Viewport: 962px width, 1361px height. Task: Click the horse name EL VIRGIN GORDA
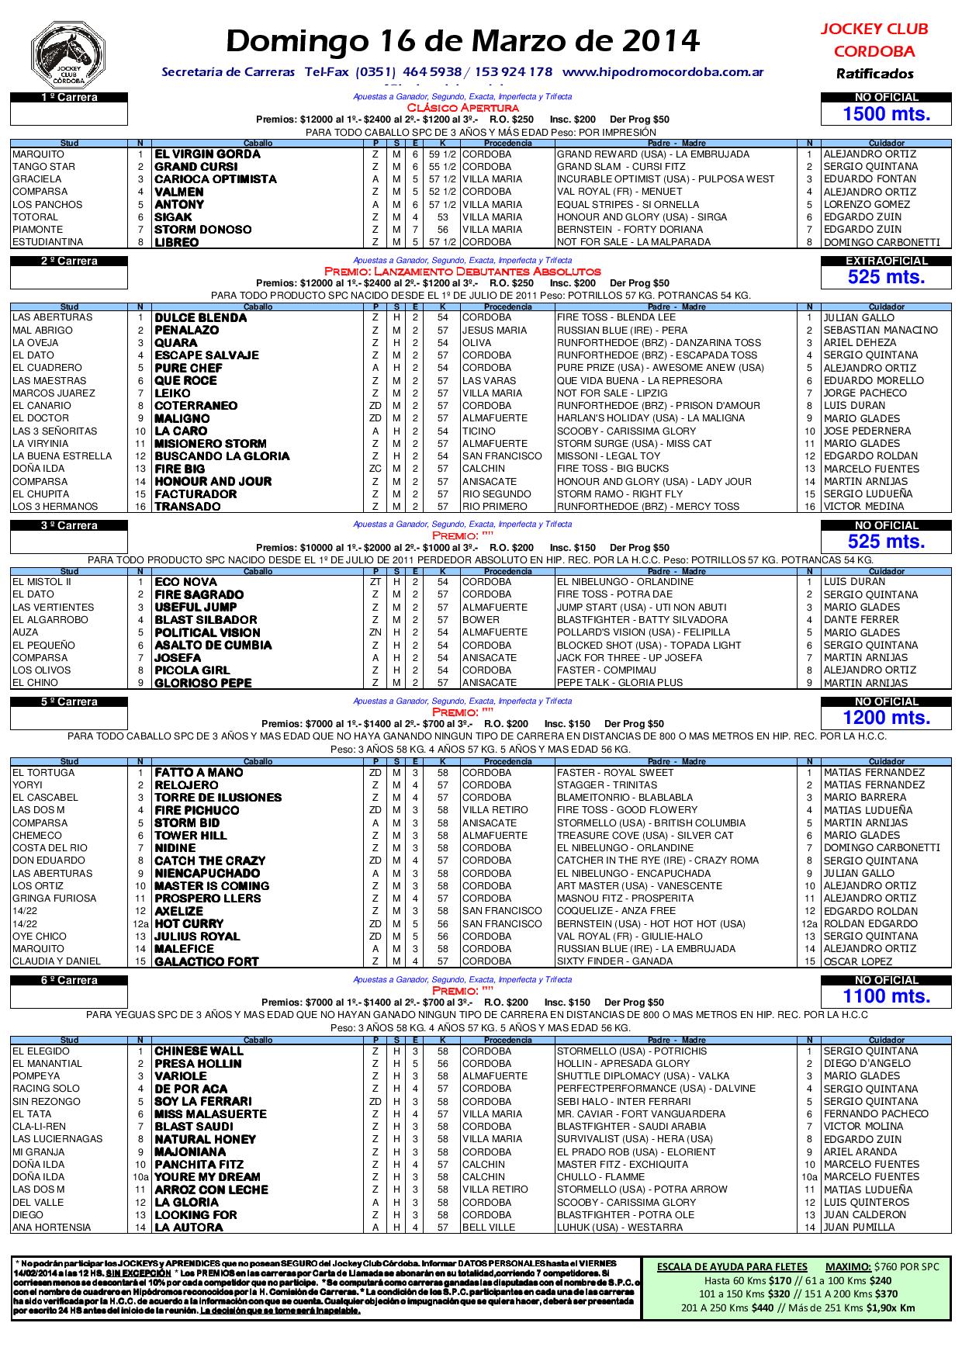pos(207,154)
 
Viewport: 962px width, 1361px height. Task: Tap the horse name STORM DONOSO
pos(202,230)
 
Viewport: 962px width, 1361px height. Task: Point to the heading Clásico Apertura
pos(462,108)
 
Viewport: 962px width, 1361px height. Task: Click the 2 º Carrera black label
pos(69,261)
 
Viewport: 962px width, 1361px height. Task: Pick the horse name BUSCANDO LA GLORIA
pos(222,456)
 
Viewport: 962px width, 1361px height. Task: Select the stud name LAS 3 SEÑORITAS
pos(55,431)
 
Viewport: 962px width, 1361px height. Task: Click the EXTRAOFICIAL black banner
pos(886,261)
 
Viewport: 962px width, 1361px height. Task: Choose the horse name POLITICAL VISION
pos(207,632)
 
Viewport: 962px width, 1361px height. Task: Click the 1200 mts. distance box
pos(886,718)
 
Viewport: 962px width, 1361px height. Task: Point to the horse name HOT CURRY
pos(189,923)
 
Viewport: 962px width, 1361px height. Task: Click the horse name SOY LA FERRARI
pos(202,1101)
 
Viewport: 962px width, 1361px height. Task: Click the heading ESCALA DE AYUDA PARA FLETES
pos(732,1266)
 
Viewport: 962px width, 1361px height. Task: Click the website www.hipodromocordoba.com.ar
pos(663,72)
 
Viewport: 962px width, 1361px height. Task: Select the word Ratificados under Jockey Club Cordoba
pos(874,74)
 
